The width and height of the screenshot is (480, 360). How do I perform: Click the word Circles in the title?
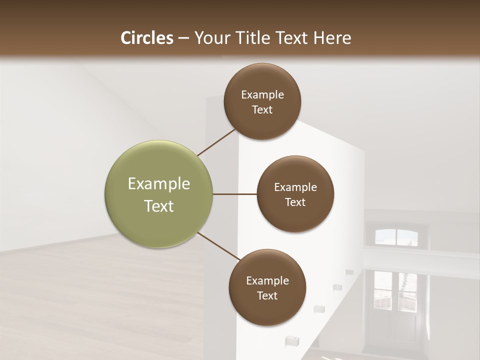click(146, 38)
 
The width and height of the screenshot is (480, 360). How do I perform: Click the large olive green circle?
click(159, 194)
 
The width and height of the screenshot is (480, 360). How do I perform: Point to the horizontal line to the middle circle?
click(235, 194)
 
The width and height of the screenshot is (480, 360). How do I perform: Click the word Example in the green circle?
click(159, 184)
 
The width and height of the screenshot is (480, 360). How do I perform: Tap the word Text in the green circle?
click(159, 206)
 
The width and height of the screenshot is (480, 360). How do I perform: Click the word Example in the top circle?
click(262, 95)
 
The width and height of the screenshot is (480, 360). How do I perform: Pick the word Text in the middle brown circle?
click(295, 202)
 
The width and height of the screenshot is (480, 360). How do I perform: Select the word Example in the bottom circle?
click(267, 280)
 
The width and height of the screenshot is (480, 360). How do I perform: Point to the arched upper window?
click(395, 236)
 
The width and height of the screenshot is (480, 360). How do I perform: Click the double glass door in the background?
click(395, 300)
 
